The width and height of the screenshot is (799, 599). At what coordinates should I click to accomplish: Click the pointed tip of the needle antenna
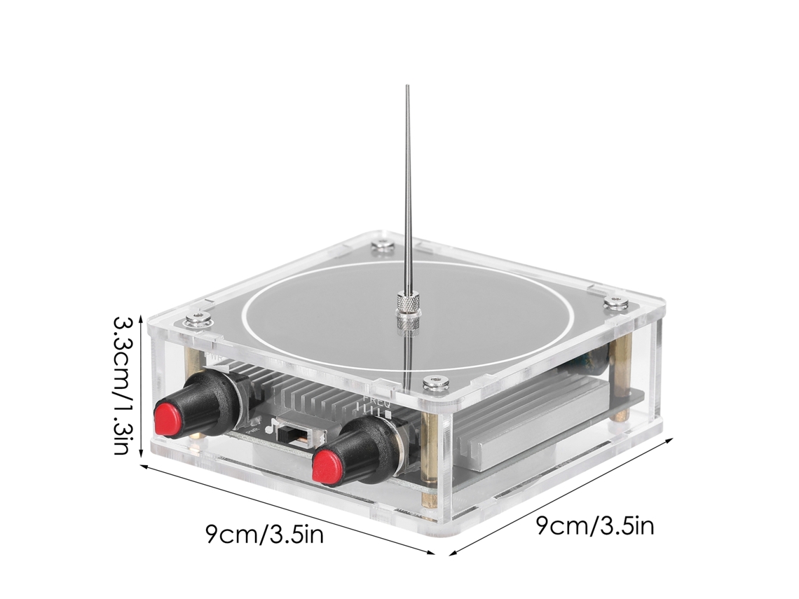point(407,85)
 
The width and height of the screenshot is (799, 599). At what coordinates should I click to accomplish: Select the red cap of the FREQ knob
point(329,466)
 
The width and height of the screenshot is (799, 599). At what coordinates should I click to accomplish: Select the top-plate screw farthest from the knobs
point(383,245)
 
